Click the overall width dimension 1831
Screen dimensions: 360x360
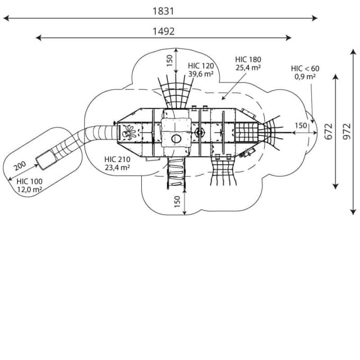163,11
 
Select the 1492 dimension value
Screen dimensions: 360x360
164,31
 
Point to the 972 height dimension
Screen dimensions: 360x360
347,131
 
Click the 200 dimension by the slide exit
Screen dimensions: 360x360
19,166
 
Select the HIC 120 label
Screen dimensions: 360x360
201,66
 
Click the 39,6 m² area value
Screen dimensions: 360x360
201,74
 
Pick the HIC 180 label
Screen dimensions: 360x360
248,60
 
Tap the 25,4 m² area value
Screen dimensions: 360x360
248,68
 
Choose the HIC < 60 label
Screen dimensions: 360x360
305,68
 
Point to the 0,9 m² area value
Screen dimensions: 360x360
305,77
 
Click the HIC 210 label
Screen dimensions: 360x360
118,159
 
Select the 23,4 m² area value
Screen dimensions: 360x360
118,168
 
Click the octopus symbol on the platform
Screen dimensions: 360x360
128,133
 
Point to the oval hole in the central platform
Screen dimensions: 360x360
176,139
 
